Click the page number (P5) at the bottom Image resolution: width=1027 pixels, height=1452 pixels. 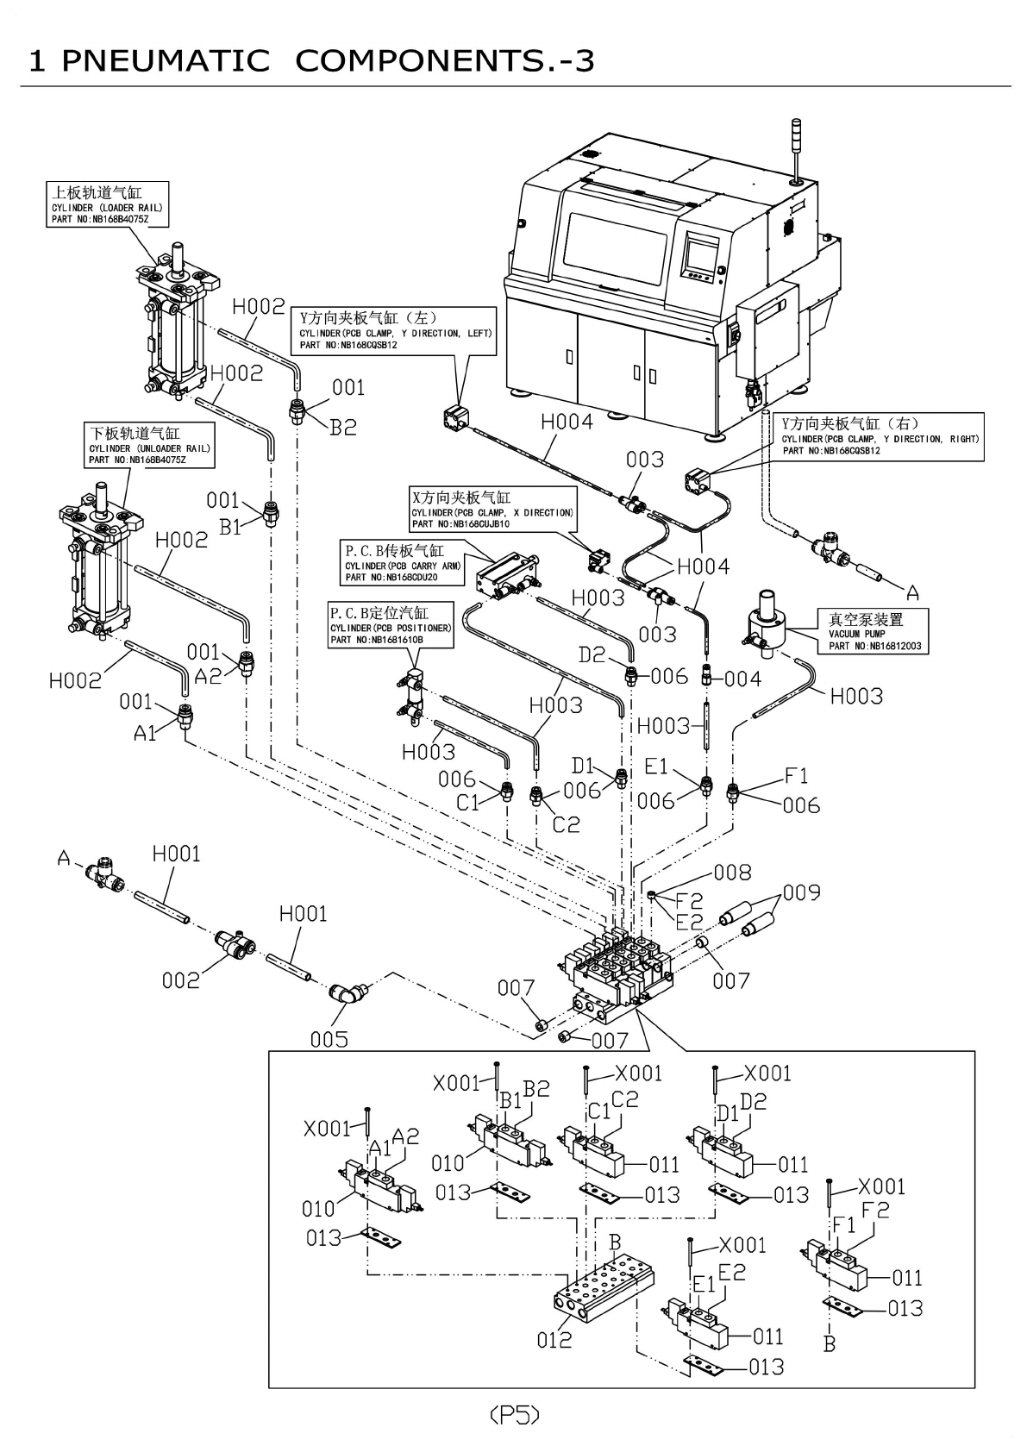514,1415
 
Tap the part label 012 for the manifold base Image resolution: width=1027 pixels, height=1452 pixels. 554,1339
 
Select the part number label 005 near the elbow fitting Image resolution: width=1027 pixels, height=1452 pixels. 329,1039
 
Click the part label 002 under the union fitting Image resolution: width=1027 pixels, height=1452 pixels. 180,979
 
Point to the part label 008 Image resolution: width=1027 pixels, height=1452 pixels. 732,873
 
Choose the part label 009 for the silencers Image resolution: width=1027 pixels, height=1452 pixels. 801,892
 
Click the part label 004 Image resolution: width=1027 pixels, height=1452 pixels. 742,679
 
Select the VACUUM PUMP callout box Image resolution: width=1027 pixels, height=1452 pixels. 874,631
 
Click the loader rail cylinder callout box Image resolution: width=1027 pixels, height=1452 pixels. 107,204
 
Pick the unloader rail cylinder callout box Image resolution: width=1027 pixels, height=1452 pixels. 149,444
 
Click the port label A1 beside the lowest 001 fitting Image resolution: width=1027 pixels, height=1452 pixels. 146,733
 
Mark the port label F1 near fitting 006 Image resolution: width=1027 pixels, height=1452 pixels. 796,776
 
